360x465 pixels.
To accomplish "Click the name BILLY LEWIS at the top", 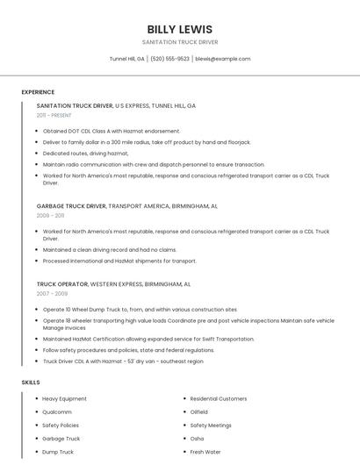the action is pos(180,29).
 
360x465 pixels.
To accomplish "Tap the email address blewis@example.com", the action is pos(223,59).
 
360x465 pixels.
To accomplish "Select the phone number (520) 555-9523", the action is pos(170,59).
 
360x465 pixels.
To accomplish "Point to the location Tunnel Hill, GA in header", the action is pos(127,59).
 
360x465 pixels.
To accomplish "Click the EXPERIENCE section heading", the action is pos(38,92).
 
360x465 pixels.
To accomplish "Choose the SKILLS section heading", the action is pos(31,383).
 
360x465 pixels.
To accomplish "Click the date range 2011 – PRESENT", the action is pos(54,115).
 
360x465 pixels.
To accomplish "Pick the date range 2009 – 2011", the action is pos(50,215).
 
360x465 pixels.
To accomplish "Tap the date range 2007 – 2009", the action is pos(50,294).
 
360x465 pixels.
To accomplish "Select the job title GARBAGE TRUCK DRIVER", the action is pos(71,205).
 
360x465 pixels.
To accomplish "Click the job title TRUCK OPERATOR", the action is pos(62,284).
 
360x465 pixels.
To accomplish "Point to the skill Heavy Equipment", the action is pos(63,398).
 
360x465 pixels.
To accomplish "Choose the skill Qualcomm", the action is pos(57,411).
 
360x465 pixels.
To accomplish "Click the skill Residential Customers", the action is pos(218,398).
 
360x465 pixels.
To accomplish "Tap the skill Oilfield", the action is pos(199,411).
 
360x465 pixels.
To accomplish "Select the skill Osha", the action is pos(197,438).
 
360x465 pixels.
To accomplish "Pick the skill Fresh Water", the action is pos(204,452).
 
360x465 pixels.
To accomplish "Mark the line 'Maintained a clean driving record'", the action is pos(110,249).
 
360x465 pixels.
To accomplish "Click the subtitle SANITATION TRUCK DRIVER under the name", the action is pos(180,42).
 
